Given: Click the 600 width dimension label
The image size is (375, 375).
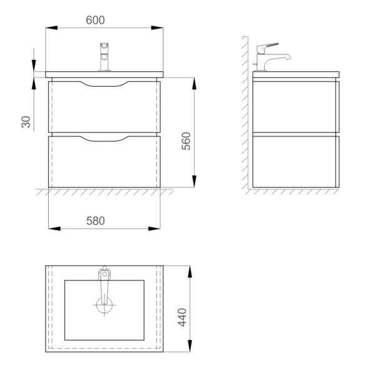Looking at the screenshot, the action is point(95,20).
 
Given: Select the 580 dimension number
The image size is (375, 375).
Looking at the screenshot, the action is point(96,221).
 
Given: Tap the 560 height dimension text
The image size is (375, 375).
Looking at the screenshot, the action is point(186,141).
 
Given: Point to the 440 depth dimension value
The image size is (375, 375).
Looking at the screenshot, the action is point(182,317).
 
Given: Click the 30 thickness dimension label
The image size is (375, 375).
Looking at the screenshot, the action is point(26,122).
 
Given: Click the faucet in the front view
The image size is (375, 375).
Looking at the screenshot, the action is point(104,57).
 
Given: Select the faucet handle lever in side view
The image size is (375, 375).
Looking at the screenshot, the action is point(268,48).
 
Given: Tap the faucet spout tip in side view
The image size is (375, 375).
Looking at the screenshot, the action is point(289,57).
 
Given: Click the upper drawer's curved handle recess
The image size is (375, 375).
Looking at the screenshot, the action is point(104,84).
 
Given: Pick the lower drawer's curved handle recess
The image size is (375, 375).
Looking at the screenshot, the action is point(104,139).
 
